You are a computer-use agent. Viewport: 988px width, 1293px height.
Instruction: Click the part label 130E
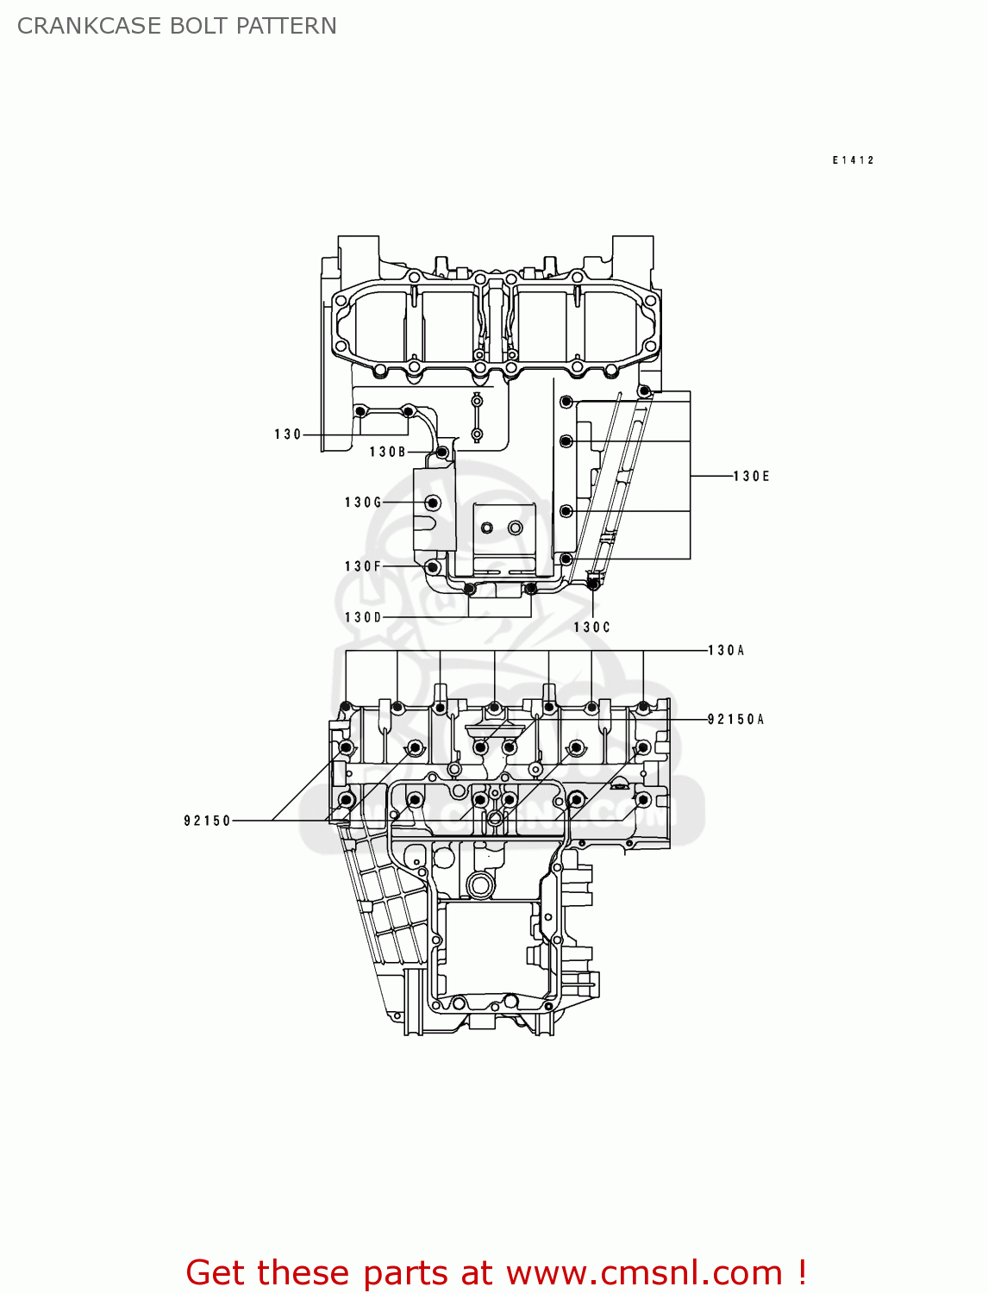[x=751, y=476]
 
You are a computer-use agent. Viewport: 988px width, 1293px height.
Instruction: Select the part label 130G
[x=363, y=503]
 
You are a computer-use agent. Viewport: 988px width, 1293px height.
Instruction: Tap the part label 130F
[x=363, y=566]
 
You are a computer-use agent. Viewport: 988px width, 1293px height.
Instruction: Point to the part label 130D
[x=363, y=617]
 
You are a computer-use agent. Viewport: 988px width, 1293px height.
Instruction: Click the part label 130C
[x=591, y=628]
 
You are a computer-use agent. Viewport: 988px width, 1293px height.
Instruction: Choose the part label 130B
[x=388, y=452]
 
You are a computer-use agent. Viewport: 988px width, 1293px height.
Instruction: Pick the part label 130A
[x=726, y=650]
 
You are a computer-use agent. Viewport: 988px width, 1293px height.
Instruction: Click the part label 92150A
[x=735, y=719]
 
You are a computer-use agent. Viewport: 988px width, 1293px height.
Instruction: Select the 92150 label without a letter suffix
[x=208, y=821]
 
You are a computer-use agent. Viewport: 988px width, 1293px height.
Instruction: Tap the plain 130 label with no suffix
[x=288, y=434]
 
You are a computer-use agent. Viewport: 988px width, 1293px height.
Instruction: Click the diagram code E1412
[x=853, y=160]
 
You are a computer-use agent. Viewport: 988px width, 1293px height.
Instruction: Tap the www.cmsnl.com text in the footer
[x=643, y=1272]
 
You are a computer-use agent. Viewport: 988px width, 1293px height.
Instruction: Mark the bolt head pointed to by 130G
[x=434, y=503]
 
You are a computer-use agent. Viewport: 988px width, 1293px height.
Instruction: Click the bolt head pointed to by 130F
[x=433, y=566]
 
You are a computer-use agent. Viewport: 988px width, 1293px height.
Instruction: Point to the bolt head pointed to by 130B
[x=442, y=452]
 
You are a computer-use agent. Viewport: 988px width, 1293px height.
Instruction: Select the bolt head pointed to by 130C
[x=592, y=584]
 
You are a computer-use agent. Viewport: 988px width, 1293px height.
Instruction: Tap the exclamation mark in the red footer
[x=802, y=1272]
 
